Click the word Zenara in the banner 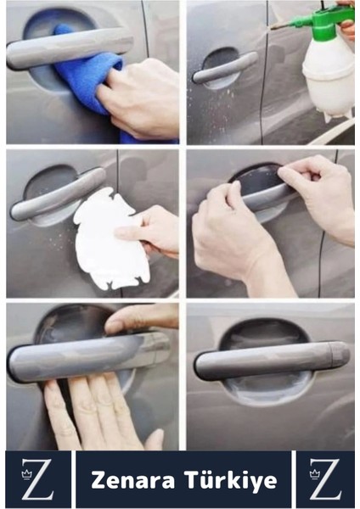133,480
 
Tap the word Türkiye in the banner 231,481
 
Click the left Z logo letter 38,479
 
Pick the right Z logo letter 326,479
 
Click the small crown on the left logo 26,474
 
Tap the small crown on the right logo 314,474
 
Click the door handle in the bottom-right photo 273,360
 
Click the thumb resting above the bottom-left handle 141,318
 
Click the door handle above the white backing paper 58,194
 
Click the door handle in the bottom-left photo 87,355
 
